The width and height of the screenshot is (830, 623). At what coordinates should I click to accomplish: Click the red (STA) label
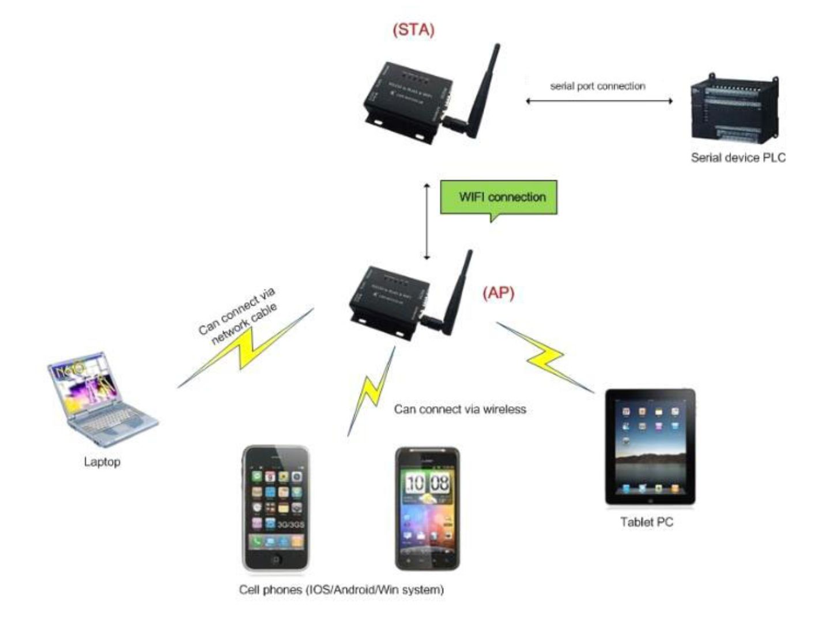pos(413,29)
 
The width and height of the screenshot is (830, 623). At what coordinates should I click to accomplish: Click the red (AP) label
pos(499,293)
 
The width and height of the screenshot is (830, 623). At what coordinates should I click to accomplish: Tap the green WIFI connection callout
pos(499,197)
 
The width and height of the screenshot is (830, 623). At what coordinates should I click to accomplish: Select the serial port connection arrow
pos(599,101)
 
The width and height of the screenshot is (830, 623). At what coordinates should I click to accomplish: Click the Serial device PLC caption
pos(738,157)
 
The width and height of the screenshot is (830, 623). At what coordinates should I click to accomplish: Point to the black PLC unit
pos(735,110)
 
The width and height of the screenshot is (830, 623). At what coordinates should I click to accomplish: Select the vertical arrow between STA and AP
pos(427,222)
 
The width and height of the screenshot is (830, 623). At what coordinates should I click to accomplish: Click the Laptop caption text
pos(102,461)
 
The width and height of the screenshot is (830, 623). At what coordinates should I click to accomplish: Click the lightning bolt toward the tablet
pos(545,358)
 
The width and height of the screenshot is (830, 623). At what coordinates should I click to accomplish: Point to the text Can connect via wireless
pos(460,409)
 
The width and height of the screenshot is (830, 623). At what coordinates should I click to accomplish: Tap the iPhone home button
pos(276,559)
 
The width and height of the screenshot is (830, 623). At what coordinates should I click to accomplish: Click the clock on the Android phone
pos(427,483)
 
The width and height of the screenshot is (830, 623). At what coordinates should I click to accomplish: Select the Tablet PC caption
pos(647,522)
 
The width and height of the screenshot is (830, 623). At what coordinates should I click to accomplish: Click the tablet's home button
pos(650,501)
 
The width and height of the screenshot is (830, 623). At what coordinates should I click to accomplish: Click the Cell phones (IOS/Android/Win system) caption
pos(341,590)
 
